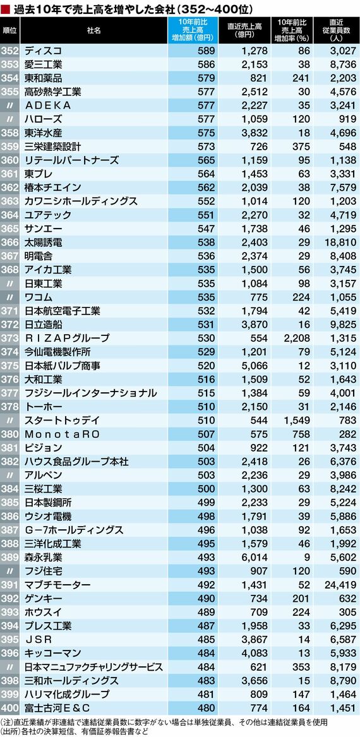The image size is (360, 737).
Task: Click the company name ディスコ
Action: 43,51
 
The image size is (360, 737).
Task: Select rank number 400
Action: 10,707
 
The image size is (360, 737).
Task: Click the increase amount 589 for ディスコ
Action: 207,51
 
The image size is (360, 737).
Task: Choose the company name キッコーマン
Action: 53,653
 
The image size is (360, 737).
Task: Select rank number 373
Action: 10,337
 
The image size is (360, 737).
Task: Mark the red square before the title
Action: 6,8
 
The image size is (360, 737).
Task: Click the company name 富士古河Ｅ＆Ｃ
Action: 57,707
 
